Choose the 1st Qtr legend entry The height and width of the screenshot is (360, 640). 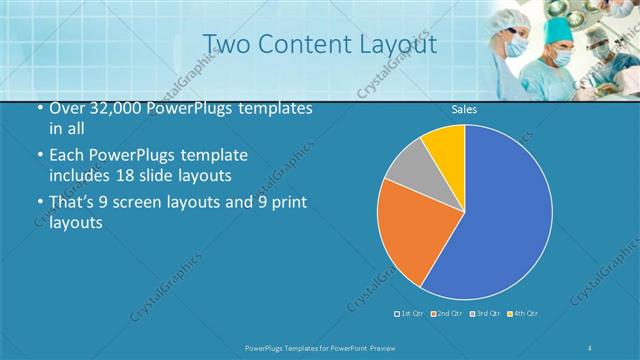pos(410,314)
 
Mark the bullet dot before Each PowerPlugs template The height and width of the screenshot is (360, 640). pos(39,157)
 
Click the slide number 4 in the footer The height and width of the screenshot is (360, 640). pos(590,347)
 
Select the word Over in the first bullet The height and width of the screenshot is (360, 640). pos(67,109)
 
